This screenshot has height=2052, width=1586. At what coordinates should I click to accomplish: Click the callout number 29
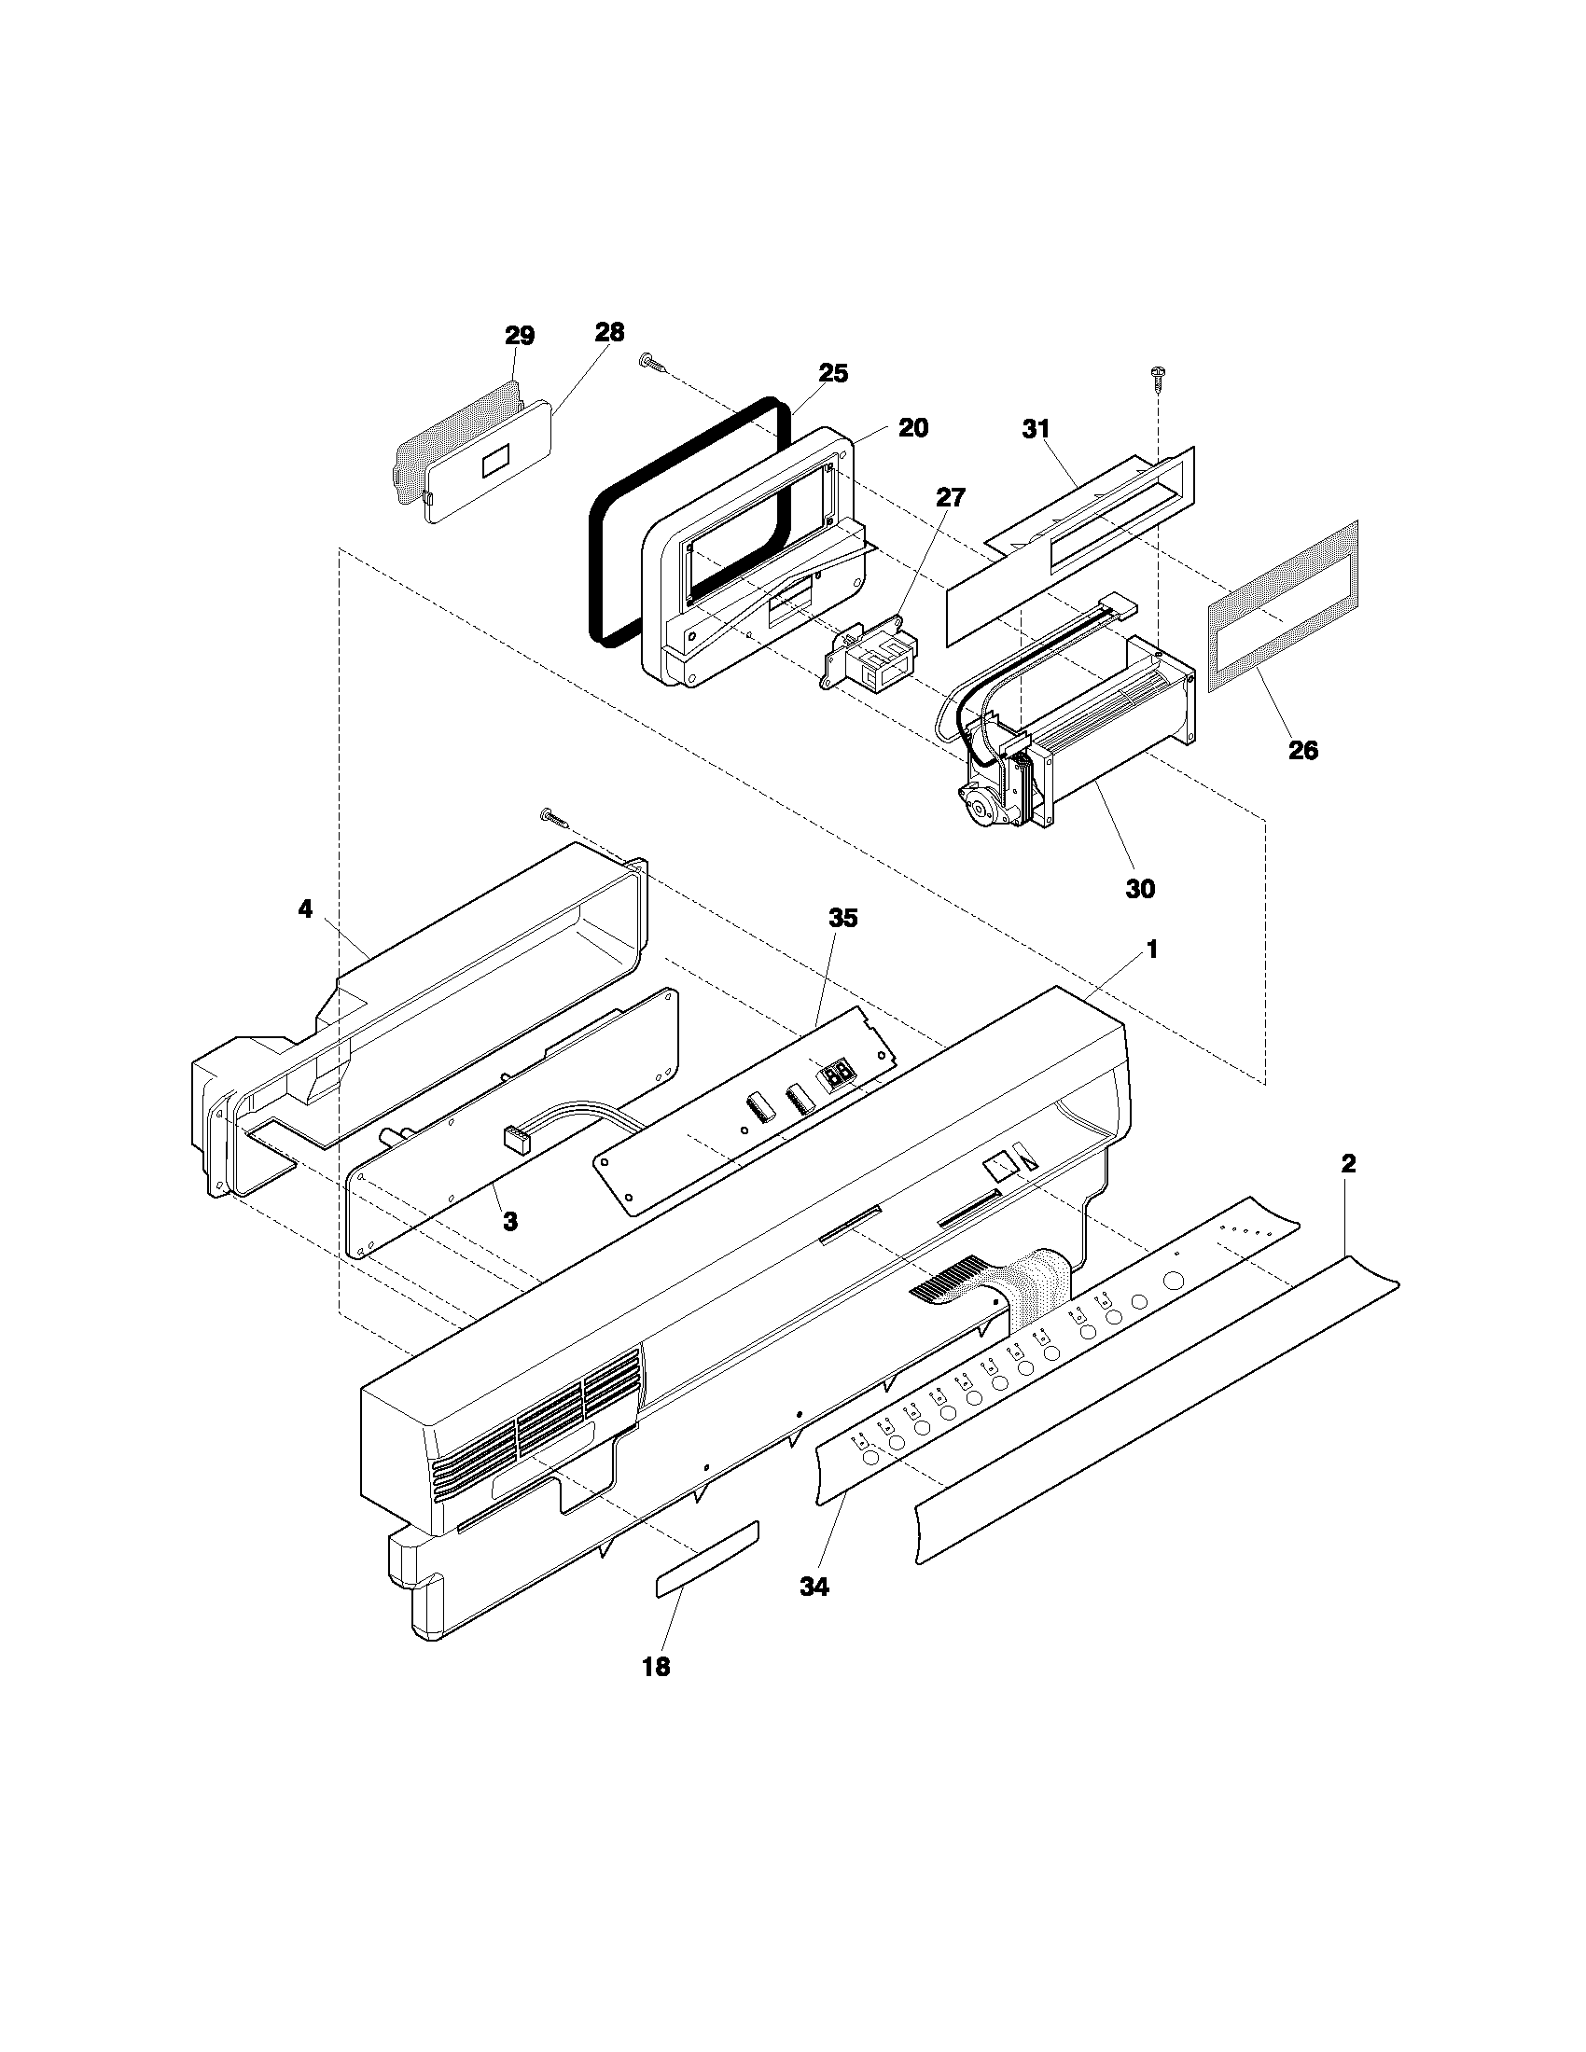[x=520, y=336]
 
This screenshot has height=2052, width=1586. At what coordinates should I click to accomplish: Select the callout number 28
[x=609, y=332]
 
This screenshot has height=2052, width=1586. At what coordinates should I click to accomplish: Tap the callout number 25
[x=832, y=373]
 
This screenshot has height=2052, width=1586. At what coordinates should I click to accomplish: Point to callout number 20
[x=912, y=427]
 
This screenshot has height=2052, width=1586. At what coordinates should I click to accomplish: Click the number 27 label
[x=950, y=497]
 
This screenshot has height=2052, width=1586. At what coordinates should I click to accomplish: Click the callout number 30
[x=1140, y=887]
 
